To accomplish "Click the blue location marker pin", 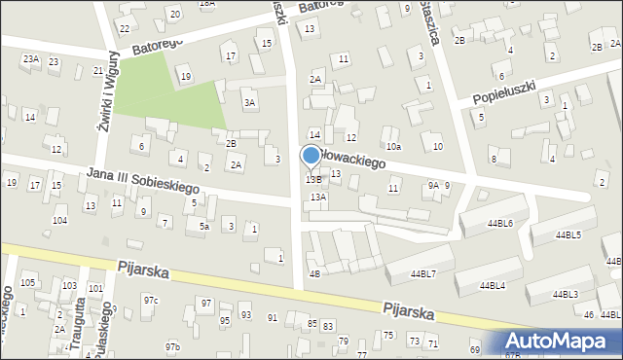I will pos(311,157).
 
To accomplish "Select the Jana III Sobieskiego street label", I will pos(142,179).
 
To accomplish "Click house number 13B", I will pos(313,179).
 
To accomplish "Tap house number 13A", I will pos(318,197).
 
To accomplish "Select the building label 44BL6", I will pos(501,223).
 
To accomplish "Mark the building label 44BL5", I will pos(568,234).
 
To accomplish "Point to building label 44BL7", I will pos(423,273).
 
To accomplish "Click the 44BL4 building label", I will pos(492,285).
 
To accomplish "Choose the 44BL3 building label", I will pos(565,294).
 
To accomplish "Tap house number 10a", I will pos(392,146).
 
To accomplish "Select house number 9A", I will pos(434,185).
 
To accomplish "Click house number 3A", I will pos(250,102).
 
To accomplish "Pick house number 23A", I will pos(31,59).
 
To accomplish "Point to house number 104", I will pos(60,220).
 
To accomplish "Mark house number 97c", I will pos(150,300).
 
